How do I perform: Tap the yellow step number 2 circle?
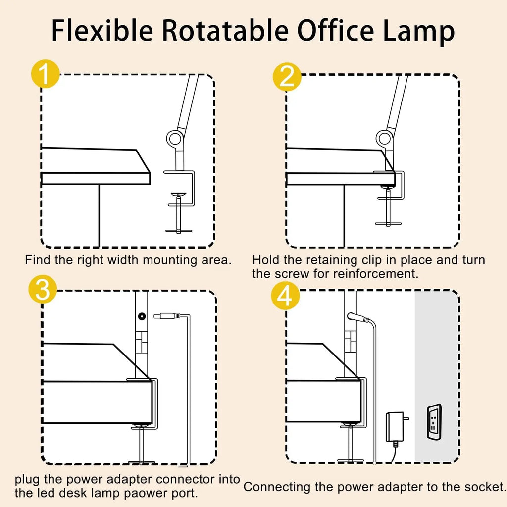point(287,77)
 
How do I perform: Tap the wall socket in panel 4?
point(434,421)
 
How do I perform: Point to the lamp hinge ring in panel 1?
point(175,139)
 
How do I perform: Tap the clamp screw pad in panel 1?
point(179,194)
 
